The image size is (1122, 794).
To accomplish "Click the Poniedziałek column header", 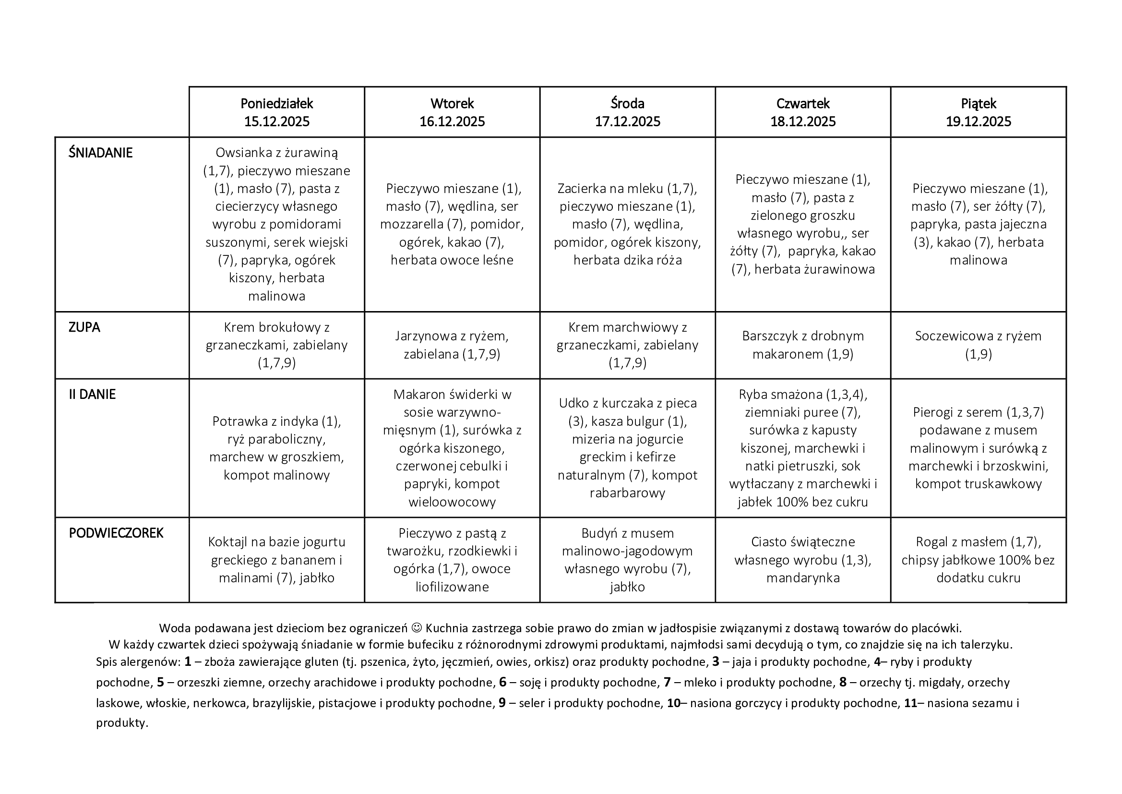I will [x=276, y=104].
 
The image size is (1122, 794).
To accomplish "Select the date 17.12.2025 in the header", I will [x=627, y=122].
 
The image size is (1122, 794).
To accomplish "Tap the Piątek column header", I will [x=978, y=104].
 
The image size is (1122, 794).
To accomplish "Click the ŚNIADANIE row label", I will [x=101, y=153].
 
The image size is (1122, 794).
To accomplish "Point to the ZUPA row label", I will [x=84, y=327].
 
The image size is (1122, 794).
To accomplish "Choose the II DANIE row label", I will [x=92, y=395].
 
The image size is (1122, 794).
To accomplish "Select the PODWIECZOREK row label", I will [x=116, y=533].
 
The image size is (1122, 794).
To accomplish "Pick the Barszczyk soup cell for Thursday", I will [x=802, y=345].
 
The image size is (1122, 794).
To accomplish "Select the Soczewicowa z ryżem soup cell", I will [x=978, y=345].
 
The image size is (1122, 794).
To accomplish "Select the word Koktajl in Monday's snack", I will [x=229, y=542].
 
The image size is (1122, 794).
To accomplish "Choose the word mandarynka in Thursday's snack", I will [x=802, y=578].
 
